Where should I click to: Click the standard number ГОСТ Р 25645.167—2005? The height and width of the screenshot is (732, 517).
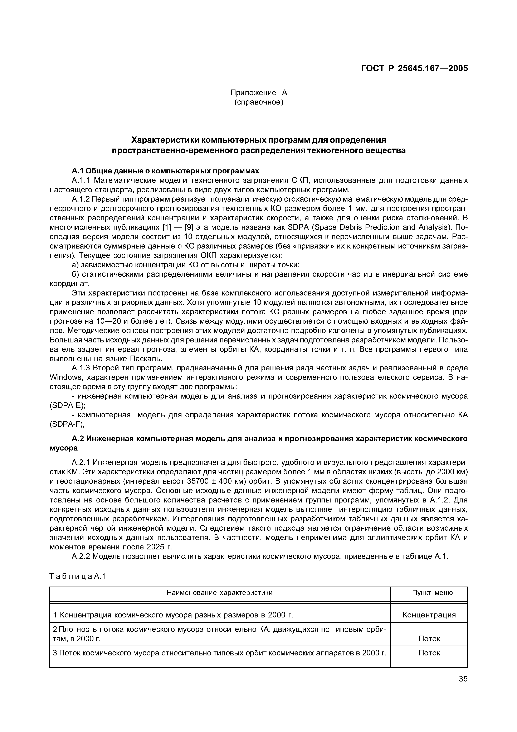(414, 68)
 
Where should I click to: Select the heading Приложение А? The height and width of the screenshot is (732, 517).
(258, 93)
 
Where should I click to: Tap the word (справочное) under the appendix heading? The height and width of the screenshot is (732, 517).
(258, 102)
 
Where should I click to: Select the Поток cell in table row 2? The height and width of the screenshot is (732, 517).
(429, 639)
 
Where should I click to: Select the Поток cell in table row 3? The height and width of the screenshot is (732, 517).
(429, 653)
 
